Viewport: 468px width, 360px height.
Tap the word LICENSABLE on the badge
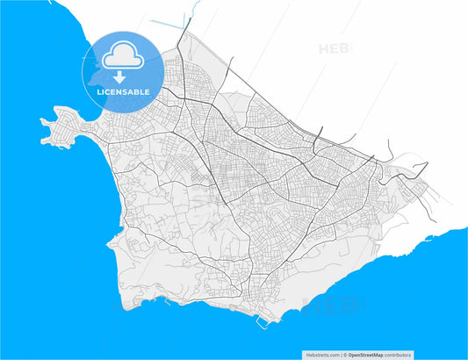[x=123, y=91]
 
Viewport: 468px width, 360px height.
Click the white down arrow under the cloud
[x=122, y=77]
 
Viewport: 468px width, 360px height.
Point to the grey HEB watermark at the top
[x=336, y=49]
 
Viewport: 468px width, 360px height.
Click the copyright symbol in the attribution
[x=344, y=356]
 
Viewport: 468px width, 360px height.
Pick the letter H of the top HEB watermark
[x=324, y=49]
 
